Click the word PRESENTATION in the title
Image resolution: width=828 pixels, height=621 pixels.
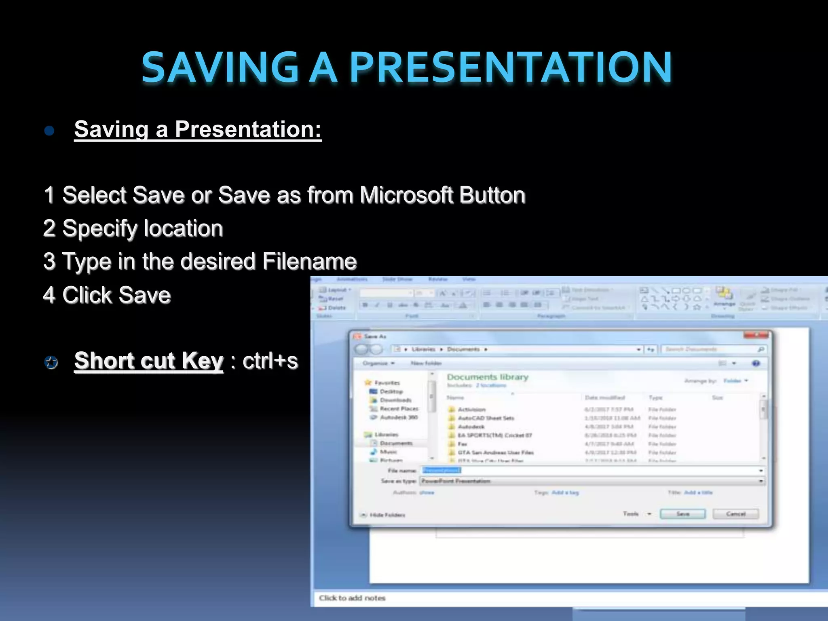510,67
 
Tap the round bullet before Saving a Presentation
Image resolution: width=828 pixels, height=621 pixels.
49,131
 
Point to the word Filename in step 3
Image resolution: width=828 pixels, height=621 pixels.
309,262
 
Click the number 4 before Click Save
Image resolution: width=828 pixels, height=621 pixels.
49,295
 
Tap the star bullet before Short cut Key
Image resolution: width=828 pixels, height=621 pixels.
51,362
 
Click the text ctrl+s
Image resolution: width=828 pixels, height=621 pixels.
270,361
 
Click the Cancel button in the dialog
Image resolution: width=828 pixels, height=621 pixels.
735,514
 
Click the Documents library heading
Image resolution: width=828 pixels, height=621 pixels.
488,377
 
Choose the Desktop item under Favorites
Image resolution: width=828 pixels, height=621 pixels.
391,391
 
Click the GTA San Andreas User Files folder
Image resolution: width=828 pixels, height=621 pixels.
495,452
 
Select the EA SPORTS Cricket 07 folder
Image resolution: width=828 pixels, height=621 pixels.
494,435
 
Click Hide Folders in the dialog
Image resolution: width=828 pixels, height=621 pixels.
387,515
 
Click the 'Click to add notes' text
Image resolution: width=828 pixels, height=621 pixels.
352,598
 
